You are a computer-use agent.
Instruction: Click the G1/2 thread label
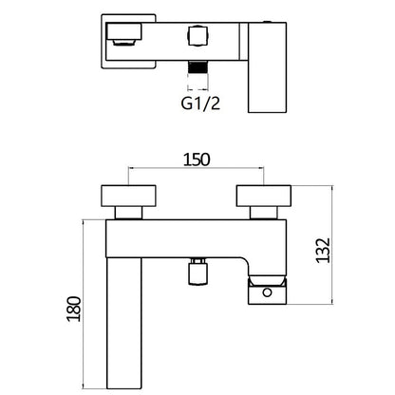click(x=200, y=103)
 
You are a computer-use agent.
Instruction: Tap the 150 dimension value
click(x=197, y=160)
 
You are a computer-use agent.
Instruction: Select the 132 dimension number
click(x=323, y=250)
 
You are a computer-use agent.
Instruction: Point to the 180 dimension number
click(x=74, y=309)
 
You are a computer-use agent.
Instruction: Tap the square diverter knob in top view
click(x=198, y=36)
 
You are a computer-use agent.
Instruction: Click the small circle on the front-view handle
click(x=268, y=292)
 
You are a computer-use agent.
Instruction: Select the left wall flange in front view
click(x=128, y=196)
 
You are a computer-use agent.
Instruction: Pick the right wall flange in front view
click(x=264, y=196)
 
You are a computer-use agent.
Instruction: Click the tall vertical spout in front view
click(x=123, y=323)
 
